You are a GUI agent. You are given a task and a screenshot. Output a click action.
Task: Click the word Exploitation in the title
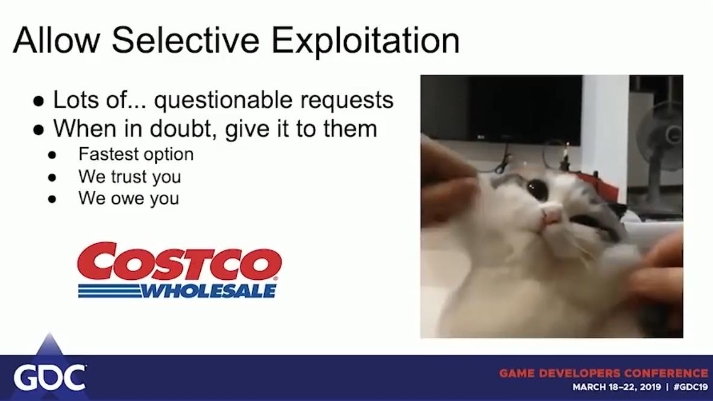click(366, 42)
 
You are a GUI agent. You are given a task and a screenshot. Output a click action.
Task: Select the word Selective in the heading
click(186, 40)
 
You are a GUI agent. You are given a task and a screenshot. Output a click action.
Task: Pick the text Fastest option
click(136, 154)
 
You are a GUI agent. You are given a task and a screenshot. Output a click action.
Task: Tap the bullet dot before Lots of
click(39, 101)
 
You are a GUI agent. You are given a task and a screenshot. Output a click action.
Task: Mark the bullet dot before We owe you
click(52, 199)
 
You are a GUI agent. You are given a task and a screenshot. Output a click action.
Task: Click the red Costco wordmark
click(179, 261)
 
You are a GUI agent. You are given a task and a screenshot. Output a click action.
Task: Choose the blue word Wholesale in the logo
click(209, 291)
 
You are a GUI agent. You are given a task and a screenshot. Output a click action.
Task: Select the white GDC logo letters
click(49, 377)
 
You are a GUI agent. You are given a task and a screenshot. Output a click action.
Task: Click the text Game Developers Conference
click(603, 373)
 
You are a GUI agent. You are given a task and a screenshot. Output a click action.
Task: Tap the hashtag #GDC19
click(691, 387)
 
